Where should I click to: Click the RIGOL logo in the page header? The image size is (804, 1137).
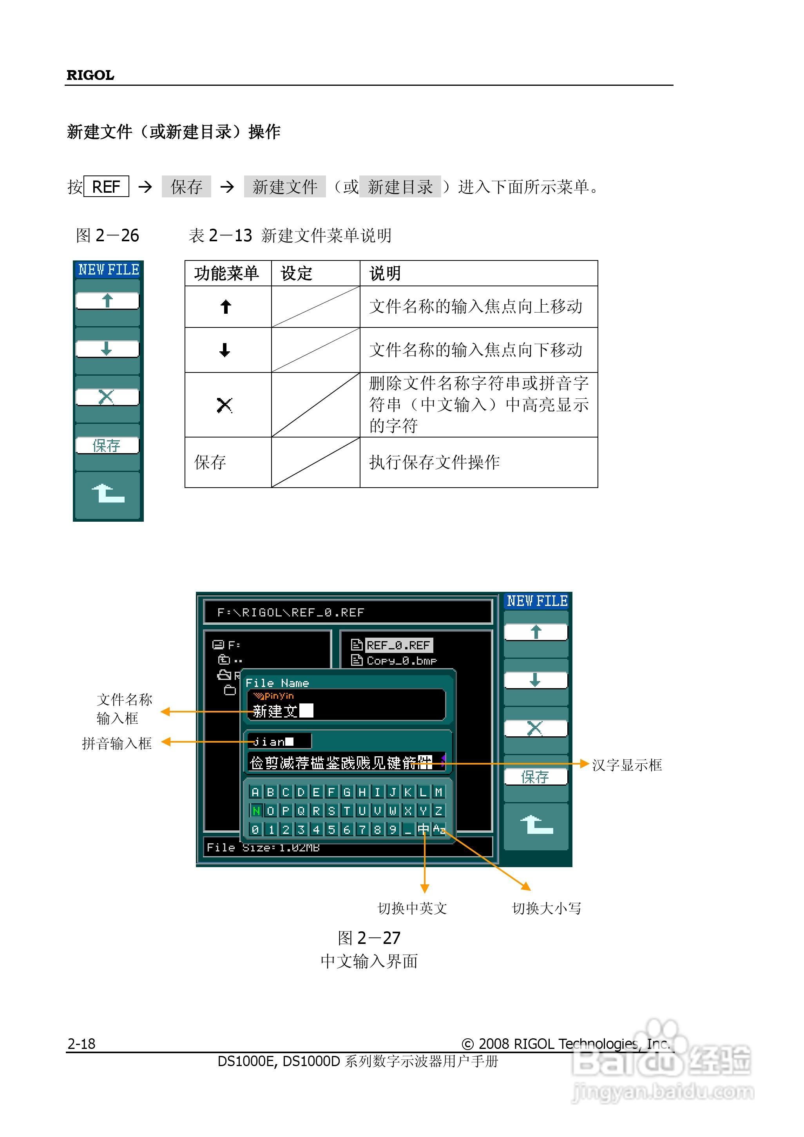click(90, 75)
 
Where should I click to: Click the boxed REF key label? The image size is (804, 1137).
click(106, 187)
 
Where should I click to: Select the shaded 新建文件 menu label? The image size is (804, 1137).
click(285, 187)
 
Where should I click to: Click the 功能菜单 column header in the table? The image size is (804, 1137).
click(226, 273)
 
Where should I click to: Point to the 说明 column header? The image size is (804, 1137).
click(385, 273)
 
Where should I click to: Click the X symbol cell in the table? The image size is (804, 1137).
click(225, 405)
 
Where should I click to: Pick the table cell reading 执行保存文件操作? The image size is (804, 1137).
click(434, 462)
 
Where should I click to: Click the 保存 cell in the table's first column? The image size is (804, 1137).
click(210, 462)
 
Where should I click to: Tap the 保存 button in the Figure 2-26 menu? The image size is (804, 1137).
click(107, 446)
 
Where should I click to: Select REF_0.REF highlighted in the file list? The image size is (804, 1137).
click(398, 645)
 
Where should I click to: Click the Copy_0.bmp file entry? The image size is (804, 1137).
click(401, 661)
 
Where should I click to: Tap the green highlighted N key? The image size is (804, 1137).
click(255, 811)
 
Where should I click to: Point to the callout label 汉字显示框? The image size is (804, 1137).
click(627, 765)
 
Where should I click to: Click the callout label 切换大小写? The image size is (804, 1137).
click(547, 908)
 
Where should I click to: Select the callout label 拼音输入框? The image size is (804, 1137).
click(117, 743)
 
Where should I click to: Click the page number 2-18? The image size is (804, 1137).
click(81, 1044)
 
